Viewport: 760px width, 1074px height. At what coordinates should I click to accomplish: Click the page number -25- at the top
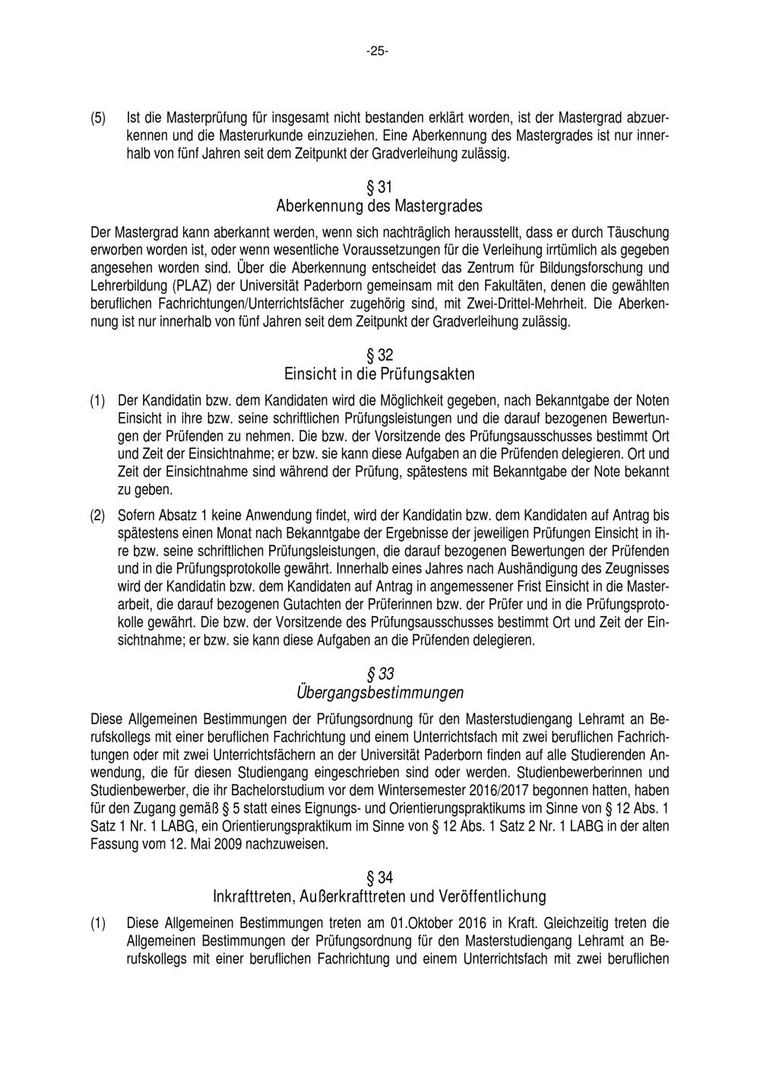pos(377,52)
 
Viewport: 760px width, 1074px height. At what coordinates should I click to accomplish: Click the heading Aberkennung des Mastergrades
pos(379,207)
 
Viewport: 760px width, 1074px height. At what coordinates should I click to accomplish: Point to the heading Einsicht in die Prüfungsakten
pos(379,374)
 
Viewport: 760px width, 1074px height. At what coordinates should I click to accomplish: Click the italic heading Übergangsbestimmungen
pos(379,693)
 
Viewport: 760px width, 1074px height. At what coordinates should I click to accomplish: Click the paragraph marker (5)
pos(98,118)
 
